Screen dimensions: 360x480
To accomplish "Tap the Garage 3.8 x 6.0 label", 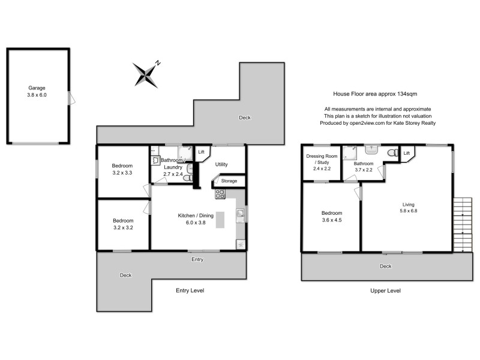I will tap(37, 91).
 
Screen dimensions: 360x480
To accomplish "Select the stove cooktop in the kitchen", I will tap(220, 194).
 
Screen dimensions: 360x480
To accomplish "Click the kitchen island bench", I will tap(220, 220).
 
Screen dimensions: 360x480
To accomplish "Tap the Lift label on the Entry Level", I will tap(202, 152).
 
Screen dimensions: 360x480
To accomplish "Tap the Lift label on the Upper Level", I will tap(407, 154).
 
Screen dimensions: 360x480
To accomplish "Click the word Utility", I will tap(221, 164).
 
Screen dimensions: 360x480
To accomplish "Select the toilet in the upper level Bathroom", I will tap(392, 154).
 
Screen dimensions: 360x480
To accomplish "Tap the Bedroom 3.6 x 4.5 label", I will tap(332, 217).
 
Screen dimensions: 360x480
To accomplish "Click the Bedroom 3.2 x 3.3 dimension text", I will tap(122, 173).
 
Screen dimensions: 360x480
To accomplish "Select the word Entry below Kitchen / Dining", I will tap(197, 260).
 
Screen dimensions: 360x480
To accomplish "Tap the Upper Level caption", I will tap(386, 290).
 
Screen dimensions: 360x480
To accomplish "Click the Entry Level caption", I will tap(190, 290).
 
